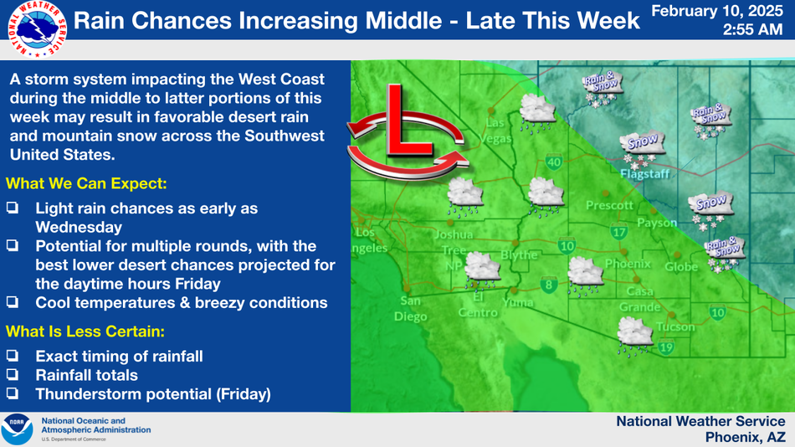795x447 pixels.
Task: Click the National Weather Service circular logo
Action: point(38,29)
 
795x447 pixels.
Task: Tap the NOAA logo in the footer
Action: point(17,429)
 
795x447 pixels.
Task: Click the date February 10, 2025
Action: point(717,11)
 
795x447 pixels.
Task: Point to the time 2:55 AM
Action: point(752,29)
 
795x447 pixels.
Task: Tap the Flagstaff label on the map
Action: point(644,174)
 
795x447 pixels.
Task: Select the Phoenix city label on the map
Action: point(628,264)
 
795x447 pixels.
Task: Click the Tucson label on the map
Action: point(675,326)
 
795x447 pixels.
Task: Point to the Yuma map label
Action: point(518,303)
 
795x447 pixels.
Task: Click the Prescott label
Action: point(609,205)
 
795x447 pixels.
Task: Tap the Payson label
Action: point(657,223)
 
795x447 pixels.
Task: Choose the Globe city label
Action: point(681,266)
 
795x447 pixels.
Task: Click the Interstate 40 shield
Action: point(554,162)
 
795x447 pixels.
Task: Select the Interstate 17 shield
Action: point(618,232)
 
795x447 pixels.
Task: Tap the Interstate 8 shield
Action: point(549,285)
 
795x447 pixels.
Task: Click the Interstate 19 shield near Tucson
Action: point(666,347)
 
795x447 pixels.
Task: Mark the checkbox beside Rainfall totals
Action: point(13,374)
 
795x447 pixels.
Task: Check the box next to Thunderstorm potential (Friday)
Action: point(13,393)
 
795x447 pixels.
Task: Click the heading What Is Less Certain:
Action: point(85,331)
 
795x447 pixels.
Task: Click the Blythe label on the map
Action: point(519,255)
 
